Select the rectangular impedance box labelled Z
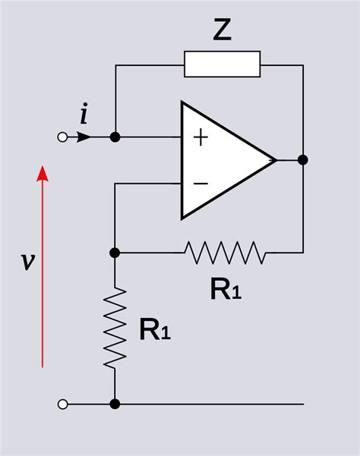pyautogui.click(x=222, y=64)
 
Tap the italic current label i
pyautogui.click(x=84, y=115)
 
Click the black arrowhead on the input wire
pyautogui.click(x=84, y=137)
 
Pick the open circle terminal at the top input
pyautogui.click(x=63, y=137)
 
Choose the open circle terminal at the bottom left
pyautogui.click(x=63, y=404)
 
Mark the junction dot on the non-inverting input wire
pyautogui.click(x=115, y=137)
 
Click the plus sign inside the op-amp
pyautogui.click(x=201, y=137)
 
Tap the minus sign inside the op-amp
pyautogui.click(x=201, y=183)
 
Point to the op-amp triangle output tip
pyautogui.click(x=274, y=160)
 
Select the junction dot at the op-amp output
pyautogui.click(x=302, y=160)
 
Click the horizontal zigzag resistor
pyautogui.click(x=226, y=252)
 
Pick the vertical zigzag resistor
pyautogui.click(x=115, y=328)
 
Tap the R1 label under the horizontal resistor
pyautogui.click(x=226, y=290)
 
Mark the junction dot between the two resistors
pyautogui.click(x=115, y=252)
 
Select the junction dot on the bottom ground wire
pyautogui.click(x=115, y=404)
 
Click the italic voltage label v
pyautogui.click(x=27, y=262)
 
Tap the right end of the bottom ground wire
pyautogui.click(x=302, y=404)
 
